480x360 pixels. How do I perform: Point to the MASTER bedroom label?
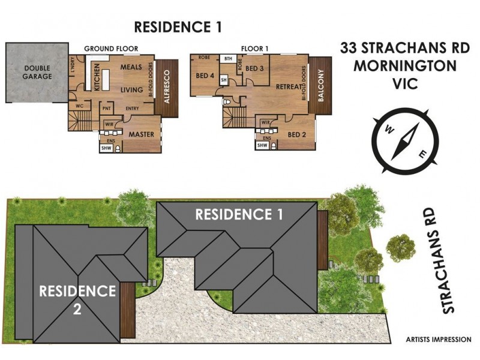pyautogui.click(x=142, y=134)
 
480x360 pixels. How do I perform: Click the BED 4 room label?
pyautogui.click(x=205, y=76)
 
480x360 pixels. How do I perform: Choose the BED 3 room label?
pyautogui.click(x=255, y=68)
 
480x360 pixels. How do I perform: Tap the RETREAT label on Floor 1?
pyautogui.click(x=287, y=87)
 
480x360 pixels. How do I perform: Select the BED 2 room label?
pyautogui.click(x=296, y=134)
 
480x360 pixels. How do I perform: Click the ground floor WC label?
pyautogui.click(x=79, y=106)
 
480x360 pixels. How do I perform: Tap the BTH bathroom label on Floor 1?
pyautogui.click(x=228, y=59)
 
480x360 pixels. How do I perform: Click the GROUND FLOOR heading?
pyautogui.click(x=111, y=48)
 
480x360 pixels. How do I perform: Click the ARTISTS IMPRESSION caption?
pyautogui.click(x=439, y=340)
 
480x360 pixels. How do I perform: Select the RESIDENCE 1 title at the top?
pyautogui.click(x=178, y=26)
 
